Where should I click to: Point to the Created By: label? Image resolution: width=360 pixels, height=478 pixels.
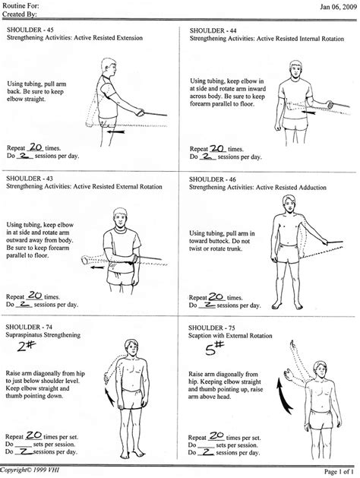click(19, 14)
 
